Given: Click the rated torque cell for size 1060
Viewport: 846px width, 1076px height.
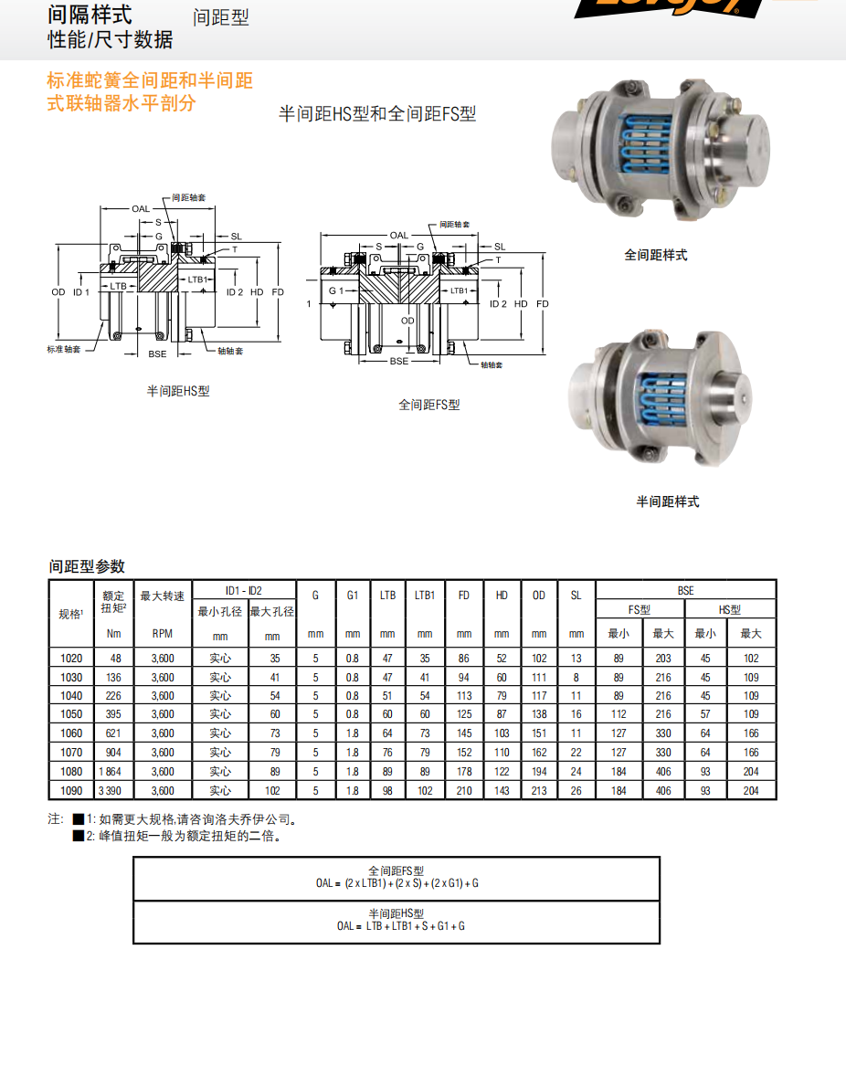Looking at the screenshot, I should click(115, 733).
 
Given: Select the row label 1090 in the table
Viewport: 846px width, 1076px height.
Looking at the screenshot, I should click(70, 790).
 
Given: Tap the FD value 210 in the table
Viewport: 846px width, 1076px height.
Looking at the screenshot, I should click(464, 790).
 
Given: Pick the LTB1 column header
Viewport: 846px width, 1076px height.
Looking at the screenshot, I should click(425, 596).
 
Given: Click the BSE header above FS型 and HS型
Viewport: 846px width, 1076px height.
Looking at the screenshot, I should click(685, 591).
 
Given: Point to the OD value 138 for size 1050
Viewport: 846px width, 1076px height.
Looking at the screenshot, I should click(539, 714).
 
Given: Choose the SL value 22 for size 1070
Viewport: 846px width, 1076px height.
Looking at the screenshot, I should click(576, 753).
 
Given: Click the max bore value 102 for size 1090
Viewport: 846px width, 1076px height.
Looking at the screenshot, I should click(272, 790).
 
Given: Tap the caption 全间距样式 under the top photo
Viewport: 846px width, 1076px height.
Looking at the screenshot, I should click(655, 256).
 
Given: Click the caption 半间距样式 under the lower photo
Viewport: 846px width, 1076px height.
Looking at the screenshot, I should click(667, 501).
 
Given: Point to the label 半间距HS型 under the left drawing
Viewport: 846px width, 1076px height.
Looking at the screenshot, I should click(178, 391).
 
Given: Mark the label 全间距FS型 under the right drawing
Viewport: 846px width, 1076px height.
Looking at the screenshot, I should click(428, 404).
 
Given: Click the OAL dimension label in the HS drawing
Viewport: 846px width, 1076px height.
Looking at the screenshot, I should click(141, 209).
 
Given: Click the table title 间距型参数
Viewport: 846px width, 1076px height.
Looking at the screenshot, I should click(87, 566).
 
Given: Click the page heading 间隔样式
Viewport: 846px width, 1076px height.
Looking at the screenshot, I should click(90, 15).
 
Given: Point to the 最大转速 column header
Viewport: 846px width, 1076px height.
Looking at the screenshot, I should click(162, 596).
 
